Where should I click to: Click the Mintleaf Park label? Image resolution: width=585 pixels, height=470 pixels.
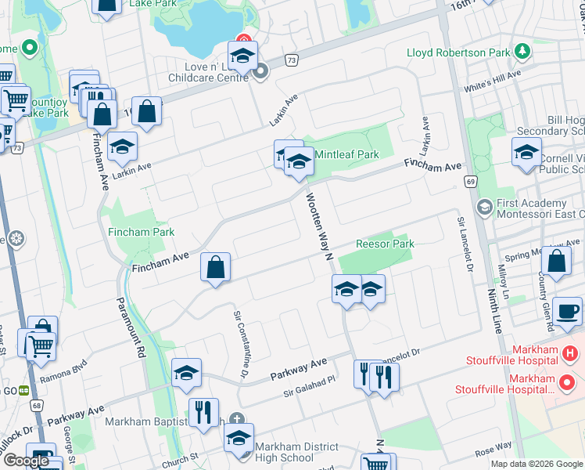[x=346, y=154]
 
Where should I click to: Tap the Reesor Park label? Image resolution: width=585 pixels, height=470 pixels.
[x=385, y=244]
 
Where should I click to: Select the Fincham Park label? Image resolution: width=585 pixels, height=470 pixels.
[x=142, y=232]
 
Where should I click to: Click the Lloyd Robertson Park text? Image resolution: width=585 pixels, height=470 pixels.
[x=458, y=53]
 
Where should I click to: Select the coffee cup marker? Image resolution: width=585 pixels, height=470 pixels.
[x=567, y=310]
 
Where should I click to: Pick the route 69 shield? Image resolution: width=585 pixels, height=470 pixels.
[x=470, y=182]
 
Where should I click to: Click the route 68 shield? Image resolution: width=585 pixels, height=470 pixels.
[x=37, y=406]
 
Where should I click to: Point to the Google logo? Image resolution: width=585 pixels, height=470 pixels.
[x=25, y=461]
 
